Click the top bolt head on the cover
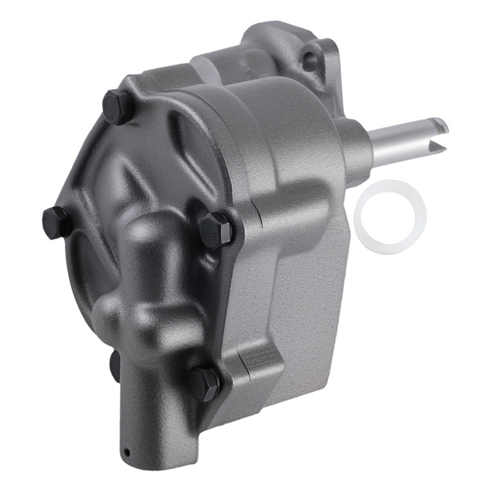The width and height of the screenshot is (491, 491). (x=116, y=106)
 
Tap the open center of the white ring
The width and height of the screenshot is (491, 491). (x=390, y=215)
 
